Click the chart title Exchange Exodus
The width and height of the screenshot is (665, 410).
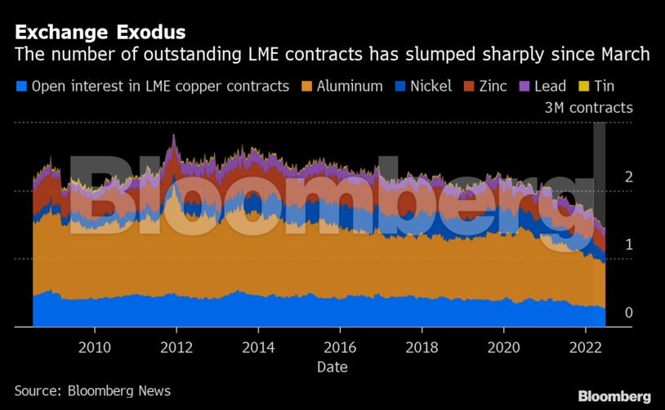(100, 33)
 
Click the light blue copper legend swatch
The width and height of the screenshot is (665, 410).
(22, 86)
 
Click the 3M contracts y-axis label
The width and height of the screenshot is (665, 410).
(588, 108)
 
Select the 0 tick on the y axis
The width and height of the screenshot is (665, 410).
(628, 313)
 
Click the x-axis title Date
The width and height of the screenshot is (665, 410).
(332, 367)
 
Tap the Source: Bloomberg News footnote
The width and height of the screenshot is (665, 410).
(92, 390)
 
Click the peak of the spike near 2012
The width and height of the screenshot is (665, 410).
(172, 136)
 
